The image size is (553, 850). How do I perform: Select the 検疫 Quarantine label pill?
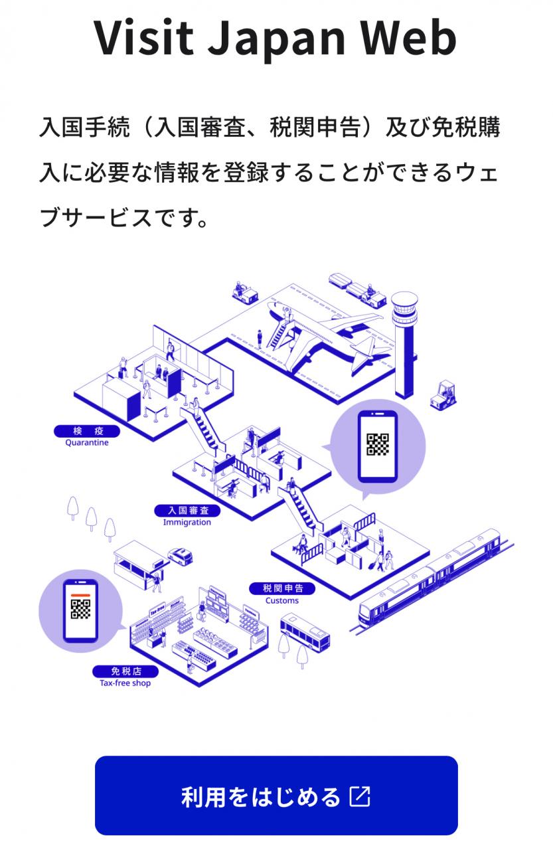87,431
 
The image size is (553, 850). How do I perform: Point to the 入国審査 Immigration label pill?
187,511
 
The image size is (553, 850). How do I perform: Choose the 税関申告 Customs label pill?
282,588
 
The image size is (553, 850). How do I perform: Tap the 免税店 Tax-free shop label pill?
125,671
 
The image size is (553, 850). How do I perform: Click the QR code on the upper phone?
378,445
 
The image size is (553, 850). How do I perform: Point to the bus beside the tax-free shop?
305,633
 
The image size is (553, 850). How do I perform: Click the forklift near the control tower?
443,395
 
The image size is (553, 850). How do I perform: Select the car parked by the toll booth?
180,556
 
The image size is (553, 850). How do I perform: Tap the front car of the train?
394,600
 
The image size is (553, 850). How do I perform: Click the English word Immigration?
187,522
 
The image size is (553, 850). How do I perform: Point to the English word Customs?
281,600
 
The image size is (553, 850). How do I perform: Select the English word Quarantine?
87,442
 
